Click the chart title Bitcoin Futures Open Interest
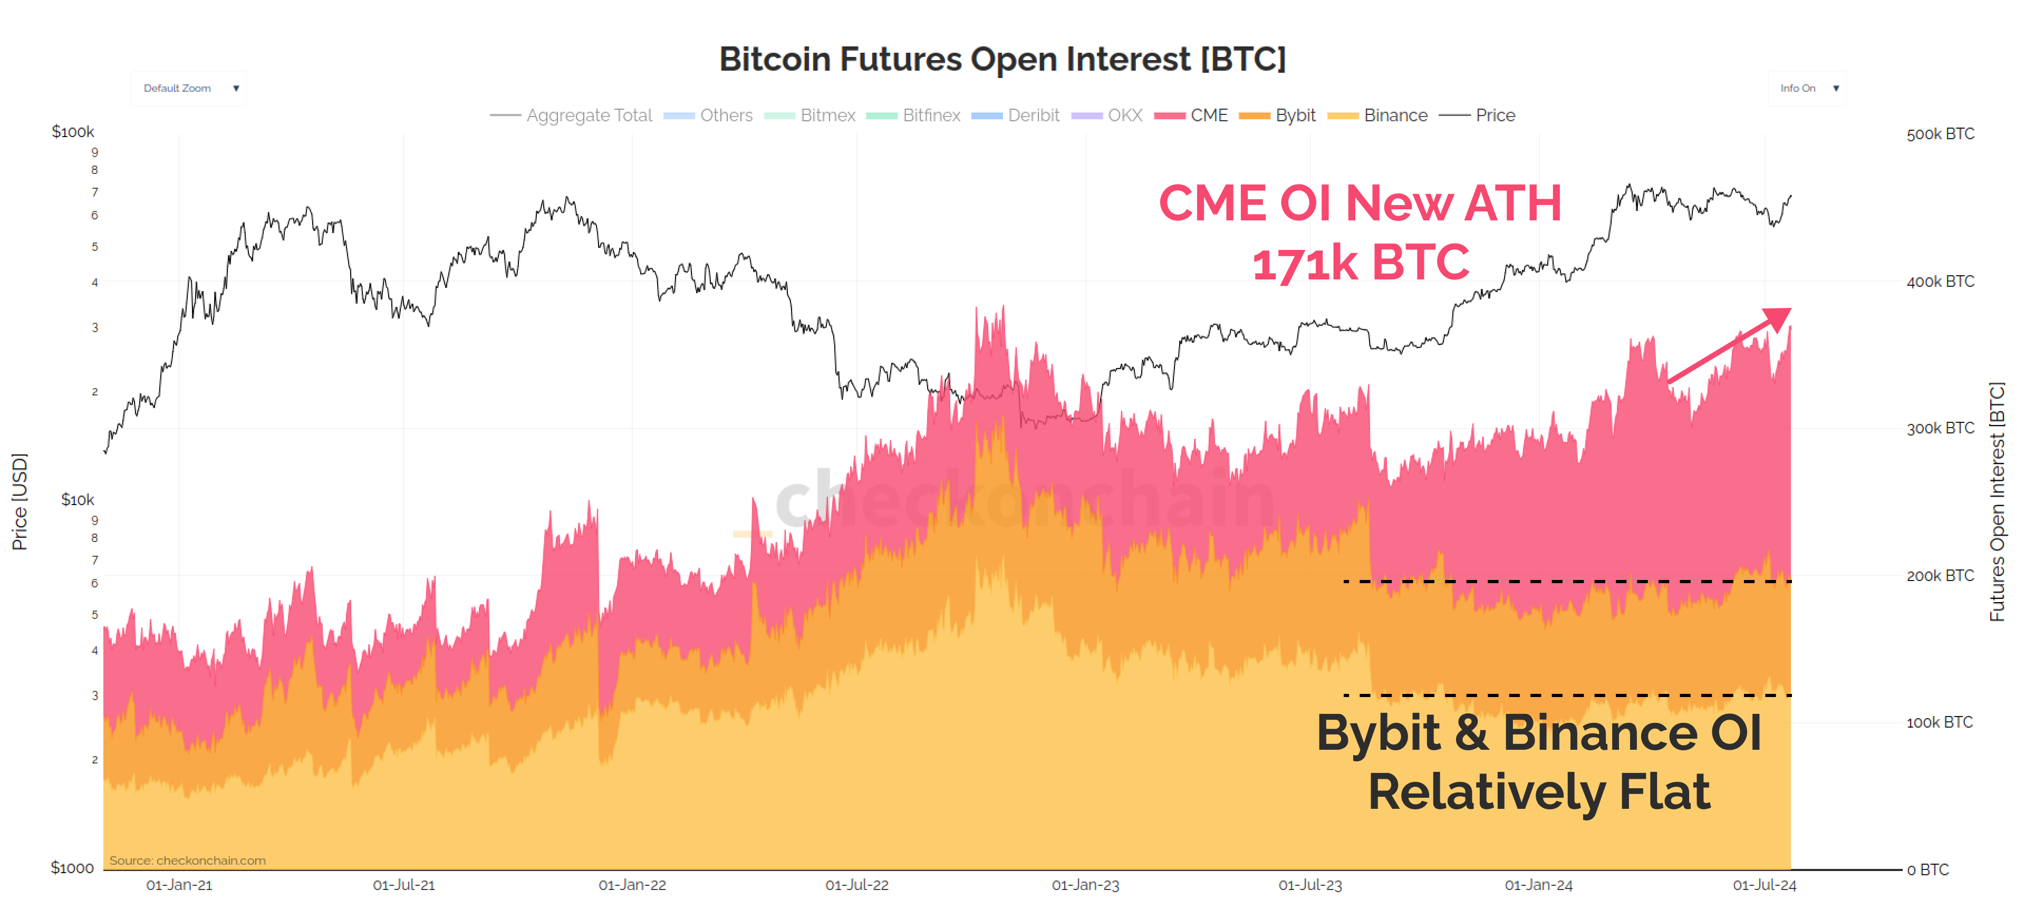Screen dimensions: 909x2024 (x=1002, y=59)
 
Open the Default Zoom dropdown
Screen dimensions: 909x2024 (x=189, y=88)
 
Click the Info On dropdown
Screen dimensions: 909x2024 (x=1807, y=88)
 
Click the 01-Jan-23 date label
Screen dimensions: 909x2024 (x=1085, y=885)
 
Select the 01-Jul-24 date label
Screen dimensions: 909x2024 (x=1764, y=885)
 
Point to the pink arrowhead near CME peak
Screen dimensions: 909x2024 (x=1777, y=317)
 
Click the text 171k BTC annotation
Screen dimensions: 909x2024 (x=1360, y=263)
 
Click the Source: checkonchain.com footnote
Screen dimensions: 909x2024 (x=188, y=860)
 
